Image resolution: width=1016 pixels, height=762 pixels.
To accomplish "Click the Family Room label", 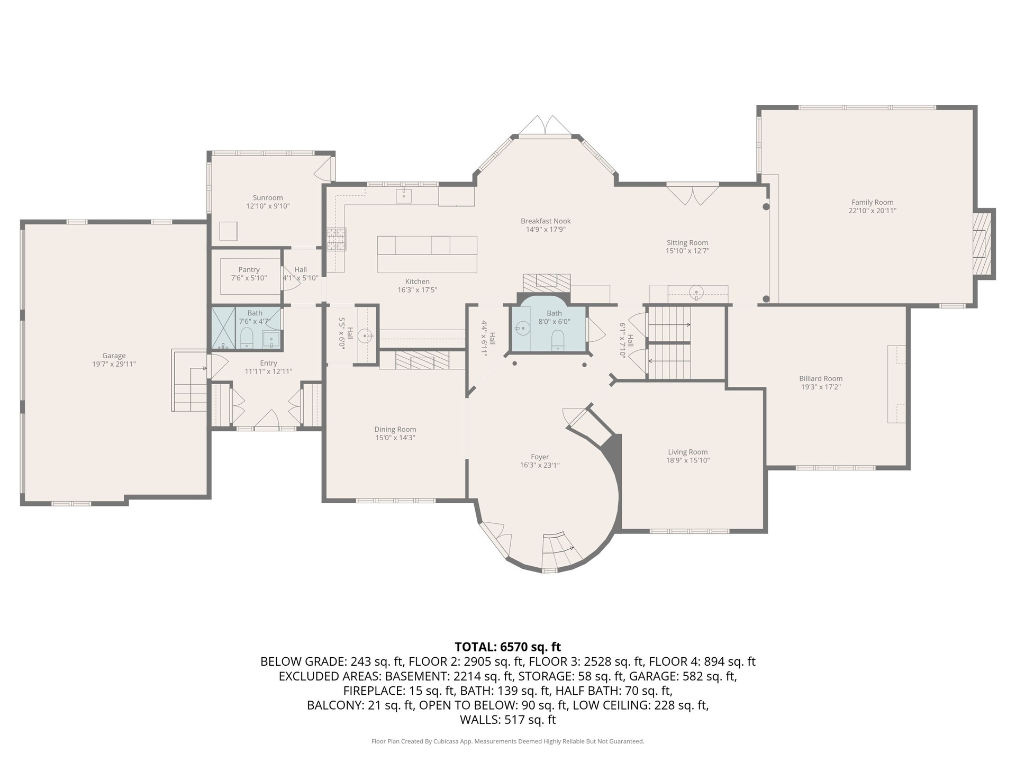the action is [x=872, y=202].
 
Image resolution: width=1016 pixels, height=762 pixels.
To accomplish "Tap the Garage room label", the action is [x=114, y=356].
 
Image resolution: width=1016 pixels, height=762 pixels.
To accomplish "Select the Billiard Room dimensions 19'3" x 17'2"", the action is [x=821, y=387].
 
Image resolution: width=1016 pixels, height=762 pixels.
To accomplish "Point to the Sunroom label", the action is [x=268, y=198].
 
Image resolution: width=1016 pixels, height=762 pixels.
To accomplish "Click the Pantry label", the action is [x=249, y=269].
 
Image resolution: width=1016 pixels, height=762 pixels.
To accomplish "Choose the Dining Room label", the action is [x=395, y=429].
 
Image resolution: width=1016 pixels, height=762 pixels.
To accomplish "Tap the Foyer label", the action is [x=540, y=457].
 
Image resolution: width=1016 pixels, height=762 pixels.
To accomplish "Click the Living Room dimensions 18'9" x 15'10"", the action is [x=687, y=460].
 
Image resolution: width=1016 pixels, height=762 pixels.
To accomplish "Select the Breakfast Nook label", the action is [x=546, y=221].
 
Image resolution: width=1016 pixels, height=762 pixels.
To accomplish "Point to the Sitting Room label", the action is [x=687, y=242].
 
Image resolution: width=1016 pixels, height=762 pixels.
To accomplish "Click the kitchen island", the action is [x=427, y=254].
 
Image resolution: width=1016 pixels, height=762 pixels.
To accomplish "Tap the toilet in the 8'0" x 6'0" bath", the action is [x=558, y=340].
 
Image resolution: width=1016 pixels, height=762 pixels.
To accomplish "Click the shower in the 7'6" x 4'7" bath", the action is [x=223, y=328].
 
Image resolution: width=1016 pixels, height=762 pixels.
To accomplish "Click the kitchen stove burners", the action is [x=335, y=239].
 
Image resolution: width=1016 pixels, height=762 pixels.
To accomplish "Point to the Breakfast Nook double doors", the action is [x=545, y=125].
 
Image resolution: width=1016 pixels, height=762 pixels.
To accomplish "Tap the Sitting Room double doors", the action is [x=692, y=194].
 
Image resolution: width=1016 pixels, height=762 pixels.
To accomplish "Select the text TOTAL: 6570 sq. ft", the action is [x=507, y=647].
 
